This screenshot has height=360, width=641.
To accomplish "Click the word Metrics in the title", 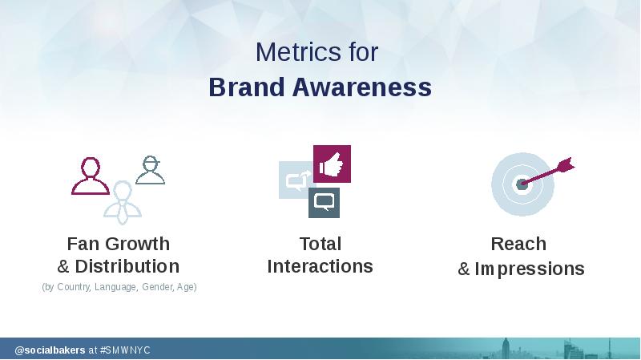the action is click(x=298, y=52).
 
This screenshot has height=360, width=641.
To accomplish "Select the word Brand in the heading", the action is click(x=247, y=87).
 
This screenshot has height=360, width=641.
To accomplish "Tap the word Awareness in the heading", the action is click(x=362, y=87).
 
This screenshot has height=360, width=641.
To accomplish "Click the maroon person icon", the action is click(x=91, y=176).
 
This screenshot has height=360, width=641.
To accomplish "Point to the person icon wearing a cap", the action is click(x=151, y=170).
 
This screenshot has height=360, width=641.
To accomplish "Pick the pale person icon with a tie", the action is click(x=123, y=203).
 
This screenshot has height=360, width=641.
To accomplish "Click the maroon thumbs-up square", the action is click(x=332, y=164).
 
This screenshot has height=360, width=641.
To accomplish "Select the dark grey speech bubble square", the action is click(x=324, y=203).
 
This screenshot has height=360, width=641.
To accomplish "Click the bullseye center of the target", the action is click(x=522, y=184).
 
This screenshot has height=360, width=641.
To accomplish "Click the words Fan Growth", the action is click(x=118, y=244).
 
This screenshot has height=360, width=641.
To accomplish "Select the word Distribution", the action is click(x=127, y=266).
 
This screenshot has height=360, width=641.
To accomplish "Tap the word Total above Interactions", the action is click(x=320, y=244).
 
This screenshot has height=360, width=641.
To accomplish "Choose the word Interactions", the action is click(x=320, y=266).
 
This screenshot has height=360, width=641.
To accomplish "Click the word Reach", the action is click(x=518, y=244).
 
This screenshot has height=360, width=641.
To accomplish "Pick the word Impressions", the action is click(x=530, y=269).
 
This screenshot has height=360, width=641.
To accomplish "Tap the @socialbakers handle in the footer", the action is click(x=50, y=350).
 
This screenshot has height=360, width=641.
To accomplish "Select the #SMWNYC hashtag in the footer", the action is click(x=125, y=350).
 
